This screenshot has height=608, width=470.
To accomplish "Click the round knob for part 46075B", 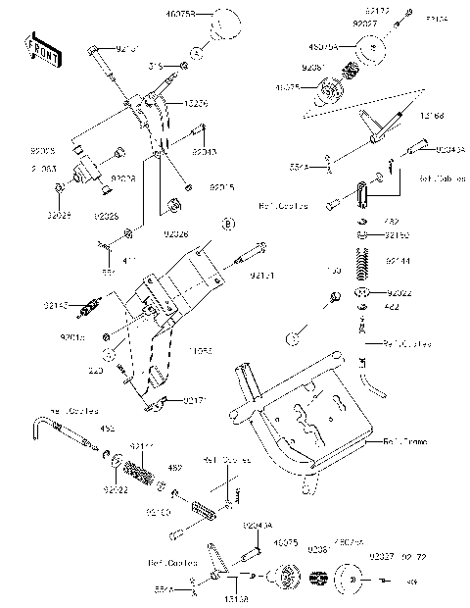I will pyautogui.click(x=227, y=21).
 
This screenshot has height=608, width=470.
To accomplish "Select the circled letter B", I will pyautogui.click(x=227, y=225).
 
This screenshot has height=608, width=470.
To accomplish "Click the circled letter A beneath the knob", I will pyautogui.click(x=196, y=50).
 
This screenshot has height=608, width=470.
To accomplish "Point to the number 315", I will pyautogui.click(x=155, y=67).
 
